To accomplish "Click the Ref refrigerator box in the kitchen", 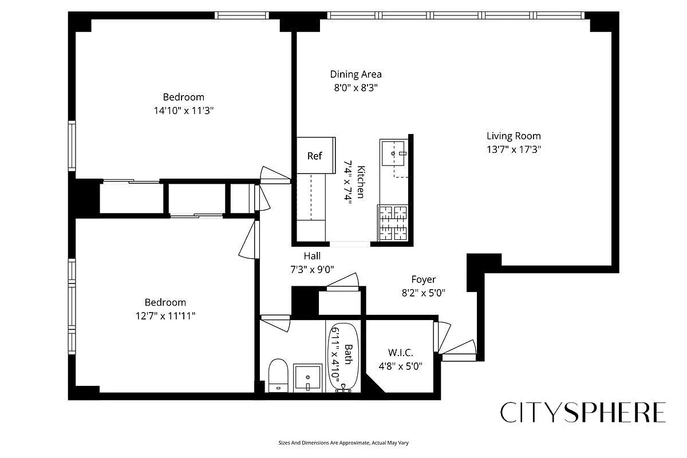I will coord(315,155).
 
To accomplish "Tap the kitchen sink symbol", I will coord(394,153).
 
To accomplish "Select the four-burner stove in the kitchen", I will coord(393,222).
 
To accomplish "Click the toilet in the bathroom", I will coord(278,375).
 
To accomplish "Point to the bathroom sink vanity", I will coord(309,377).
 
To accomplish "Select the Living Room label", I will coord(514,136).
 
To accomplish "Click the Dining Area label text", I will coord(356,74).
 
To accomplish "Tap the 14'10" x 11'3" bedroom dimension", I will coord(183,110).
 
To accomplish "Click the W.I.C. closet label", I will coord(400,353).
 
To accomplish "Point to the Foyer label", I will coord(423,279).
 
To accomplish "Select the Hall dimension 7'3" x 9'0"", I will coord(312,269).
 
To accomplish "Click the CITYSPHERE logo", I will coord(583,412).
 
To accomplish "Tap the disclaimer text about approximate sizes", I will coord(343,443).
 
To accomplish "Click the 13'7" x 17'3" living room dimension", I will coord(514,149).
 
